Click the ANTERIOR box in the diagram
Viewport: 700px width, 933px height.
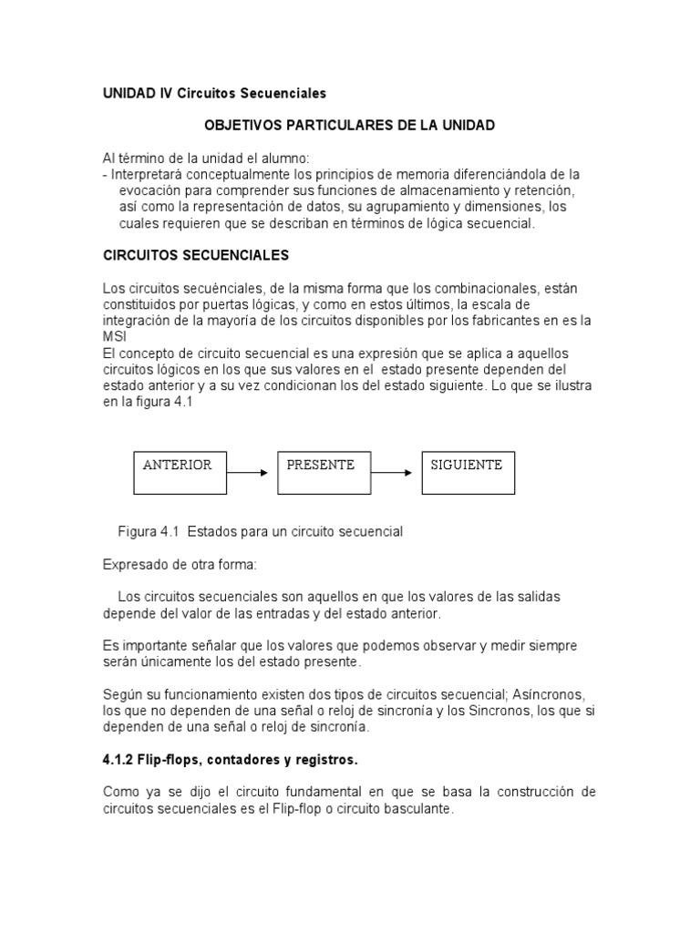pos(180,470)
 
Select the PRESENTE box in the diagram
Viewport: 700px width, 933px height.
pos(324,470)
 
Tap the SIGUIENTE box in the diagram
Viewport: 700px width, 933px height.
pos(468,470)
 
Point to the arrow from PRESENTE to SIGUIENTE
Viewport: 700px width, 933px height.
pos(396,473)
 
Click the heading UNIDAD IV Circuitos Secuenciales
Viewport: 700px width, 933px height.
pos(214,94)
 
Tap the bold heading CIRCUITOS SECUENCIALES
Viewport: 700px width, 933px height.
pos(196,255)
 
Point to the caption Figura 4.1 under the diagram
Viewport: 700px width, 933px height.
pos(261,530)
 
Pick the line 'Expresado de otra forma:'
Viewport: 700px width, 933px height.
pos(180,565)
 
